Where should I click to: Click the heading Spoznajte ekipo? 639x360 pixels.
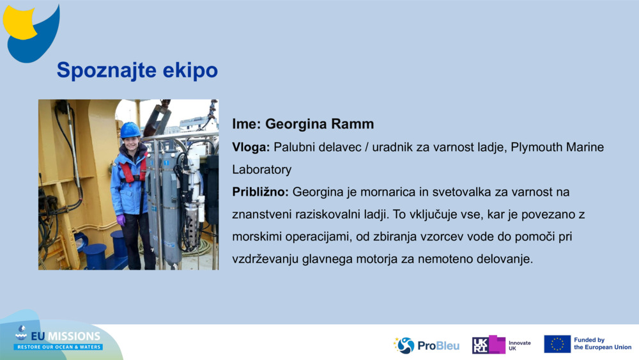(137, 70)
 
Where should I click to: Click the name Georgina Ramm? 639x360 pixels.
(319, 124)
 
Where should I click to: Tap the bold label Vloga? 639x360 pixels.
(251, 147)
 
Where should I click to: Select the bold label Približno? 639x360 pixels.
(261, 192)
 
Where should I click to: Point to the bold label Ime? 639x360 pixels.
(247, 124)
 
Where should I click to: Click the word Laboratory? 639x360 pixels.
(261, 169)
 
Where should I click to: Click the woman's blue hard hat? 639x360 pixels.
(130, 130)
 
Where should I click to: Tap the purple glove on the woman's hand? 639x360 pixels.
(121, 220)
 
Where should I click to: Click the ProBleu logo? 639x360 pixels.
(426, 345)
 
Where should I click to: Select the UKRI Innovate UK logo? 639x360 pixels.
(501, 345)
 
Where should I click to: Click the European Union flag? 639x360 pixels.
(557, 344)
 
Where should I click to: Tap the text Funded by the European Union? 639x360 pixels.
(603, 343)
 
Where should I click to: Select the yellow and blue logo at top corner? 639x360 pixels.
(31, 33)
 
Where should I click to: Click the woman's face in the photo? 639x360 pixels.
(132, 143)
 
